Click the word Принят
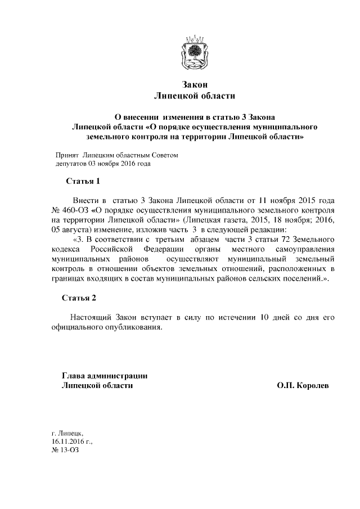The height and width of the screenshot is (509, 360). (67, 155)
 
